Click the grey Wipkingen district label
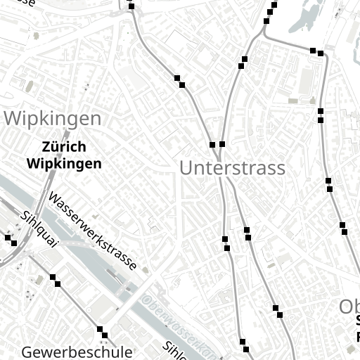[x=53, y=118]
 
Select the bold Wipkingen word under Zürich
[x=64, y=164]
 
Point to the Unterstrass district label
[x=232, y=168]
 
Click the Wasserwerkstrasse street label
[x=92, y=233]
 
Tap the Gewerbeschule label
[x=77, y=352]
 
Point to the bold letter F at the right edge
[x=357, y=337]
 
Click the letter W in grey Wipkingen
[x=13, y=118]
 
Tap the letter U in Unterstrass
[x=186, y=168]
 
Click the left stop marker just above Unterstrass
[x=212, y=145]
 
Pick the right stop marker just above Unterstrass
[x=222, y=144]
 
